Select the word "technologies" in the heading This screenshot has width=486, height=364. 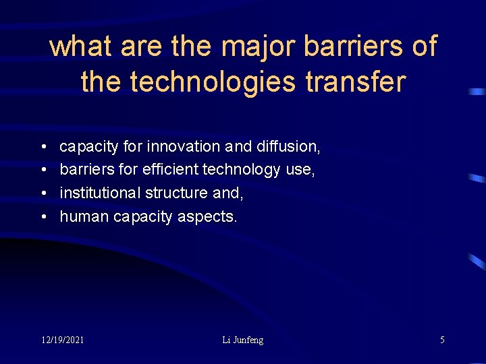[213, 82]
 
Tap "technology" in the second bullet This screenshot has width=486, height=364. [240, 170]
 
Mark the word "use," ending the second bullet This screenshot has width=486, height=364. [300, 170]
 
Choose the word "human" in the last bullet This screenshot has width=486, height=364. [84, 216]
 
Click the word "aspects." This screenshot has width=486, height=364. [208, 217]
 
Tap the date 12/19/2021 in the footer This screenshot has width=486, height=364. [62, 340]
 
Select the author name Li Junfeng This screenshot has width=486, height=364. [243, 340]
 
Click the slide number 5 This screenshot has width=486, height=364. [442, 340]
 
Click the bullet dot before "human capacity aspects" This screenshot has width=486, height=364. [43, 216]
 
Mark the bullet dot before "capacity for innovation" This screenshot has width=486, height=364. [43, 146]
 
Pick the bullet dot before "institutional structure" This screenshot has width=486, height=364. [43, 193]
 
